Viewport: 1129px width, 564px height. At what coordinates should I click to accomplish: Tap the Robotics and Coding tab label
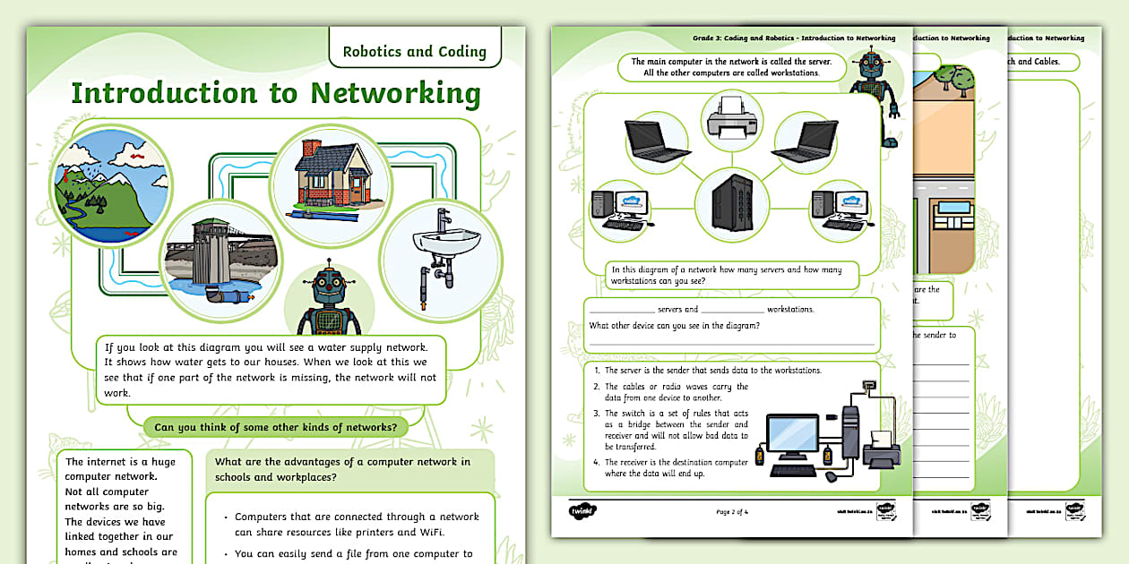tap(414, 51)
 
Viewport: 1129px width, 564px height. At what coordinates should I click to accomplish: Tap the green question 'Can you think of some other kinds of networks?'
tap(275, 427)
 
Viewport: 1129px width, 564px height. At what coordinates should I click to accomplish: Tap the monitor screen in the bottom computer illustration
tap(791, 435)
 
